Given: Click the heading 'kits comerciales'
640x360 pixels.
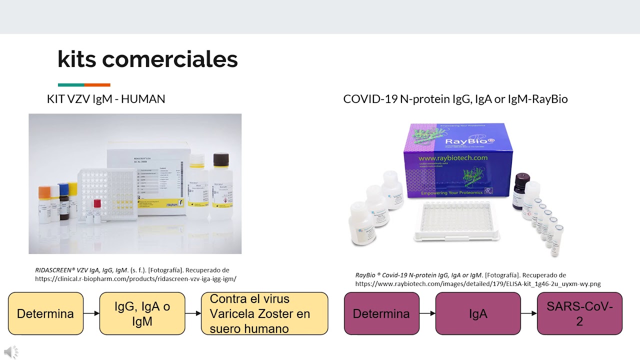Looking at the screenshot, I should pyautogui.click(x=147, y=59).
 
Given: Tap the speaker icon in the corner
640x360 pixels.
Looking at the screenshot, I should pyautogui.click(x=10, y=351).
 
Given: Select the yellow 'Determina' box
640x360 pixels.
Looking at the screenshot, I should pyautogui.click(x=45, y=313).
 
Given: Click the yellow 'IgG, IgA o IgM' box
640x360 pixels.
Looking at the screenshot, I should pyautogui.click(x=142, y=313).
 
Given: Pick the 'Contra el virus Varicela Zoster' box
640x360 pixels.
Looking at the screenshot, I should pyautogui.click(x=264, y=313).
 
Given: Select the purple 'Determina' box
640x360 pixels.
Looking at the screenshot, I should pyautogui.click(x=381, y=313).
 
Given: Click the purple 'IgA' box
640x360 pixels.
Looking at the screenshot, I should pyautogui.click(x=478, y=313).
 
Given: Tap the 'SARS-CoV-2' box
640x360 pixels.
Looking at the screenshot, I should pyautogui.click(x=579, y=313).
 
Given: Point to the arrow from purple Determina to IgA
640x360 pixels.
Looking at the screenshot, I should pyautogui.click(x=427, y=313).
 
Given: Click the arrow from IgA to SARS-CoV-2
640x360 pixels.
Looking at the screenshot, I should pyautogui.click(x=528, y=313).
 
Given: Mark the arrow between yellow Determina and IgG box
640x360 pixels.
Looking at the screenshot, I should pyautogui.click(x=91, y=313).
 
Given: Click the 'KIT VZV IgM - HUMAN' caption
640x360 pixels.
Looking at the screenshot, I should pyautogui.click(x=106, y=99).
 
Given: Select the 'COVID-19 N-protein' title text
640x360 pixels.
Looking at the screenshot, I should pyautogui.click(x=455, y=99).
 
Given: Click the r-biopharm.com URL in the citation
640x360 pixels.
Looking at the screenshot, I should pyautogui.click(x=135, y=279).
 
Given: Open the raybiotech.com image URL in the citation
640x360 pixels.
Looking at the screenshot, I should pyautogui.click(x=477, y=284).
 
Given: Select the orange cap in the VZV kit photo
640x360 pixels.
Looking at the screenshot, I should pyautogui.click(x=44, y=191).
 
